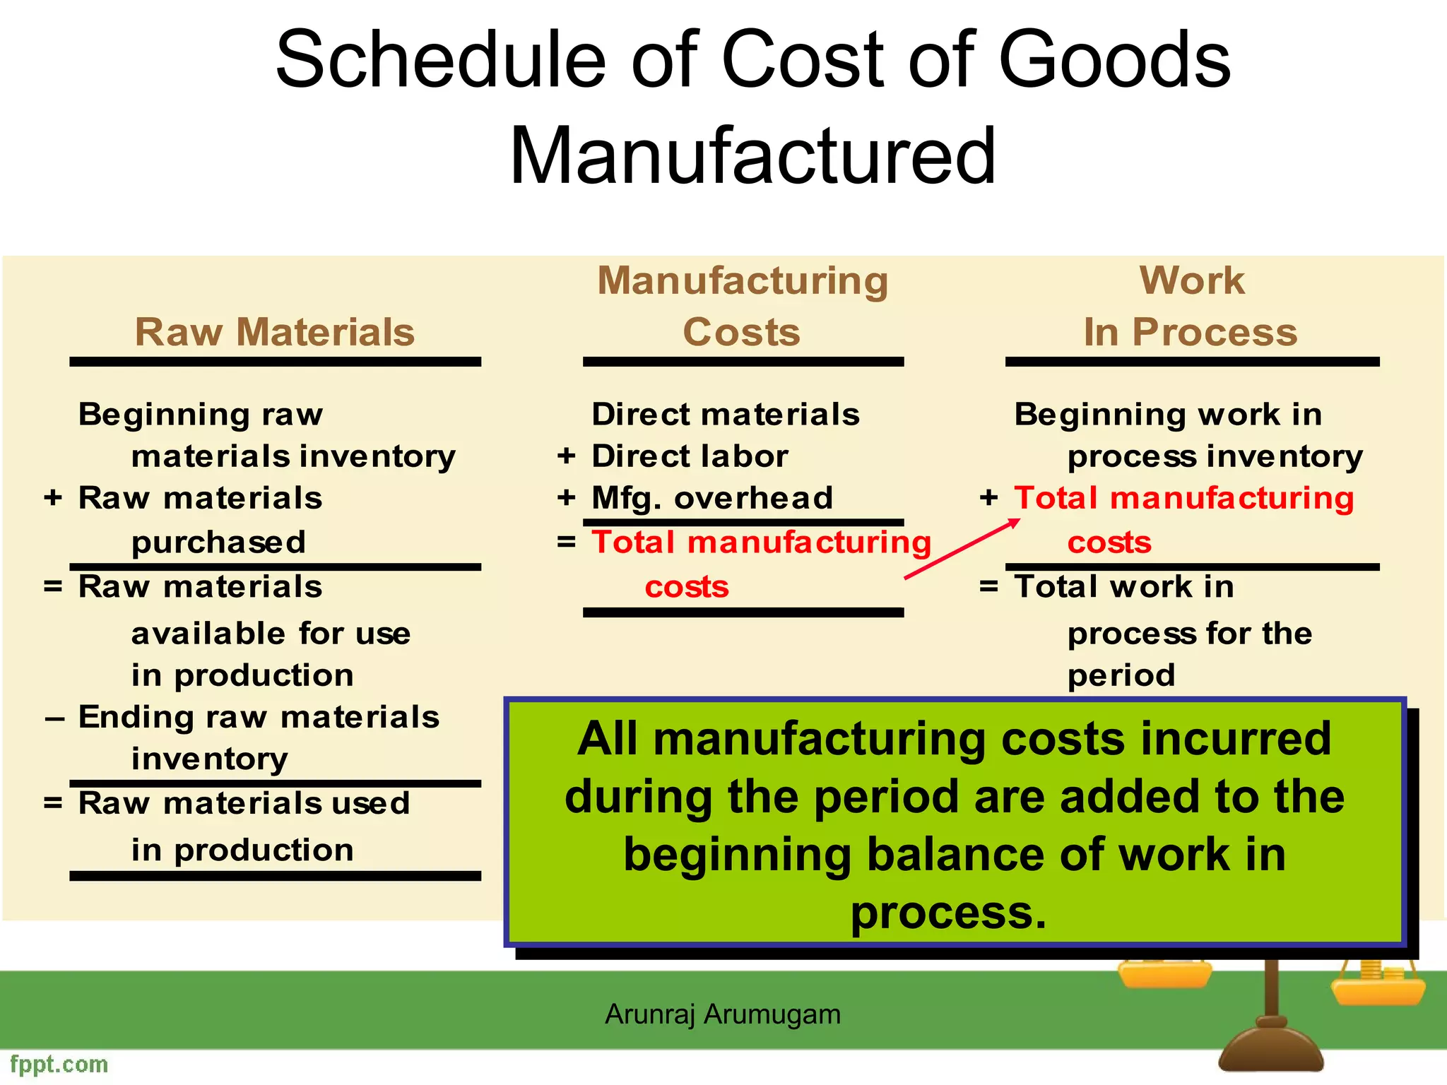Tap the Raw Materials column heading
pos(275,332)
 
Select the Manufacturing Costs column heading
pos(743,306)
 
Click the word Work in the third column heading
pos(1192,280)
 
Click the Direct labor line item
pos(690,456)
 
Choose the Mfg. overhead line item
pos(712,498)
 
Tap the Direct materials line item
pos(726,415)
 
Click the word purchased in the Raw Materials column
pos(218,542)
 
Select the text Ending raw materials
pos(259,717)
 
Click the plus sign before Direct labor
pos(566,456)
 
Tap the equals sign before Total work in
pos(988,586)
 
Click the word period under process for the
pos(1121,675)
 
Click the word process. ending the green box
pos(948,913)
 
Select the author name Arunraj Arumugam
pos(723,1014)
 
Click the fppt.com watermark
pos(59,1064)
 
